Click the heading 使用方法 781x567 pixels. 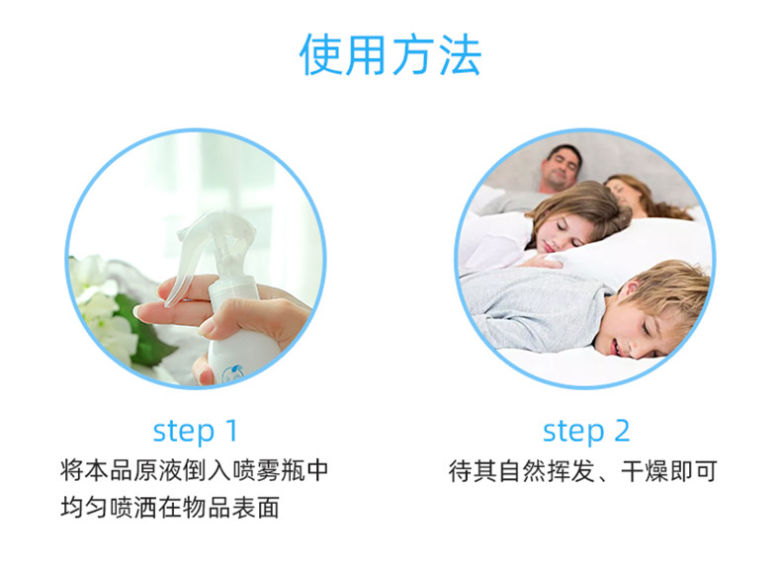tap(390, 54)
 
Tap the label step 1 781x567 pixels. tap(196, 431)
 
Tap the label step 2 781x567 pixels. tap(586, 431)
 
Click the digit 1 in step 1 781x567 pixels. tap(231, 431)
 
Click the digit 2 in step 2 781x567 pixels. tap(622, 431)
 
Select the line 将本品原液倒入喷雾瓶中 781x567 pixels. tap(194, 470)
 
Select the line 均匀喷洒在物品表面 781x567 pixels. tap(170, 508)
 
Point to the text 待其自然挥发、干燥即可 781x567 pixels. tap(582, 471)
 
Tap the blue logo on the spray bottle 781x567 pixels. tap(232, 372)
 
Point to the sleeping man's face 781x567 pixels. tap(561, 168)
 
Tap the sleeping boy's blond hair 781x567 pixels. tap(667, 288)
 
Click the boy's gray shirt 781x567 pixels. tap(533, 308)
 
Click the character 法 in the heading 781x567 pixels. tap(460, 55)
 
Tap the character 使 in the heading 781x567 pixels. tap(320, 55)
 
